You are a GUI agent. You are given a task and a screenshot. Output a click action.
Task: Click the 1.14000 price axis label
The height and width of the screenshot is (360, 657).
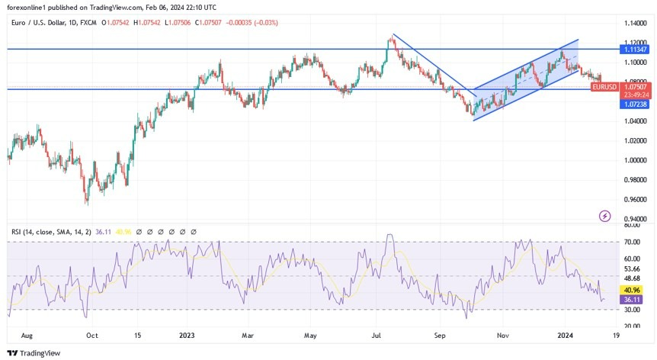click(636, 23)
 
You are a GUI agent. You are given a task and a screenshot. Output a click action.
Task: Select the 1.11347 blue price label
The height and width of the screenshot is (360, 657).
click(636, 49)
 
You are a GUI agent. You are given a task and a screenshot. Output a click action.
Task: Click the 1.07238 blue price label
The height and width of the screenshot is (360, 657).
click(636, 103)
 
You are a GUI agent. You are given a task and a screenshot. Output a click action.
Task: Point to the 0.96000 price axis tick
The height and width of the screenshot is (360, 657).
click(636, 200)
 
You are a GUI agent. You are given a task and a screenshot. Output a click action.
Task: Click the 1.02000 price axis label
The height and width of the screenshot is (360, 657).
click(636, 141)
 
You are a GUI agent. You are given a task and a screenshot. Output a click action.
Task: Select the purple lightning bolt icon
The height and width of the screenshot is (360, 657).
click(605, 216)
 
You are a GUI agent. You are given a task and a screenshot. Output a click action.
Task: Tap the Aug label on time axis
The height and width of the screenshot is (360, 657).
click(27, 335)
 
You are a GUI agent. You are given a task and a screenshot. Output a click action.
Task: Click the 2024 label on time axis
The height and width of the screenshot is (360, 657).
click(565, 335)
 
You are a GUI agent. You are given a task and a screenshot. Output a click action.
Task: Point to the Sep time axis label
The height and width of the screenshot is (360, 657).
click(440, 335)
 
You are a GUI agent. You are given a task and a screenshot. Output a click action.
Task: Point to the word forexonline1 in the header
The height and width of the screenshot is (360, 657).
click(27, 7)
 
